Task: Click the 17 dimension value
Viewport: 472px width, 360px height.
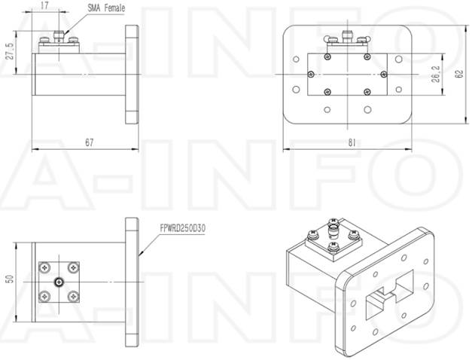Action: tap(46, 5)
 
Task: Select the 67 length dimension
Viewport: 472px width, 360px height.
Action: tap(89, 142)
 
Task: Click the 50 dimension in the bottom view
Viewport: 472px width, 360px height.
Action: tap(10, 278)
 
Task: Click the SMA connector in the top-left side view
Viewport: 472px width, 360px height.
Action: tap(56, 36)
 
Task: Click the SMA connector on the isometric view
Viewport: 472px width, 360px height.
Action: tap(332, 229)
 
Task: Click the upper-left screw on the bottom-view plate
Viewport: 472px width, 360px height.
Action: tap(47, 268)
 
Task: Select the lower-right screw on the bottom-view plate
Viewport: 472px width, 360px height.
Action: tap(72, 295)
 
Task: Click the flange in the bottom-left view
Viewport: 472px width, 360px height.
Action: tap(132, 279)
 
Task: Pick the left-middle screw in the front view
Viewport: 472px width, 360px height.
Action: tap(311, 73)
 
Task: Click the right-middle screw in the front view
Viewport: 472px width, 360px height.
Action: tap(384, 73)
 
